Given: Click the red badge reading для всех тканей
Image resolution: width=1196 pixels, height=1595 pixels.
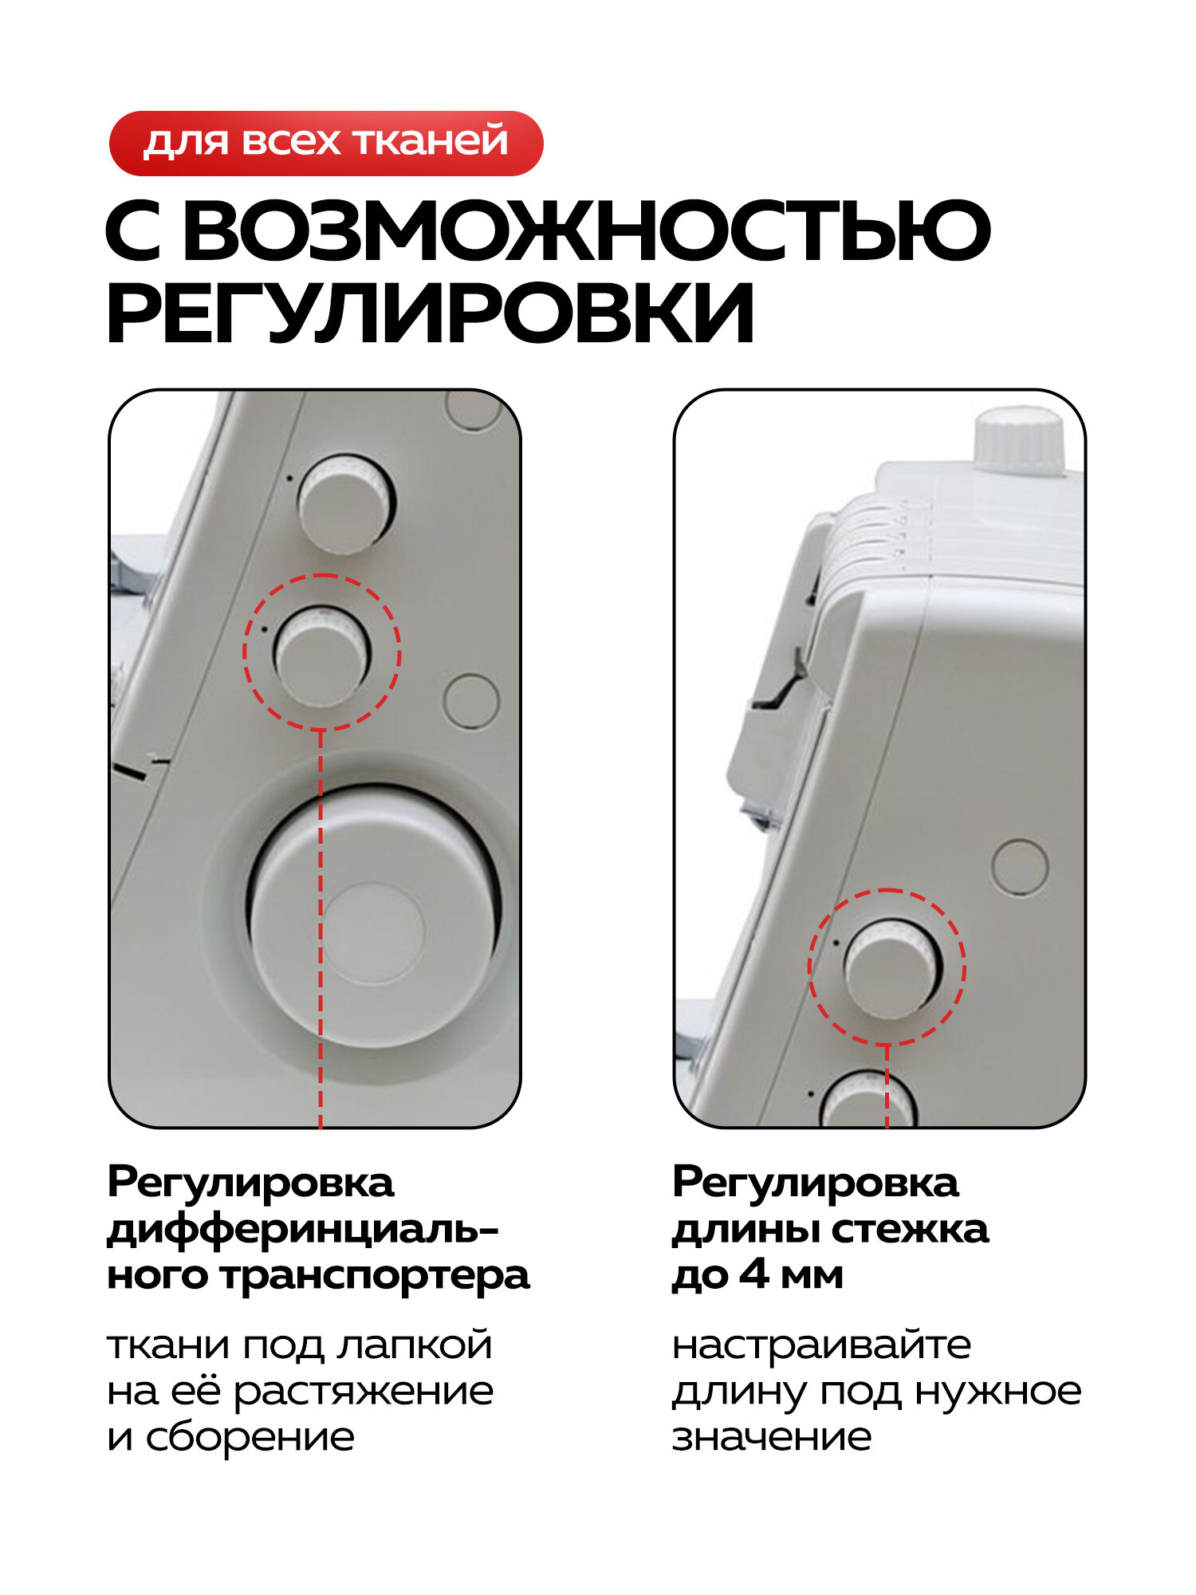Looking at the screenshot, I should coord(325,143).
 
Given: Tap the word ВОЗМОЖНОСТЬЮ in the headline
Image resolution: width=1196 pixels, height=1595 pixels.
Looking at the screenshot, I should coord(586,231).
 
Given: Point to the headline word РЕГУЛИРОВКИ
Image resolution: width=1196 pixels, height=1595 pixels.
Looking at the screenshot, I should coord(431,313).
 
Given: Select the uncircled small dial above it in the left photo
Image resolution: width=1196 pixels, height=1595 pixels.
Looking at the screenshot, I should coord(346,504).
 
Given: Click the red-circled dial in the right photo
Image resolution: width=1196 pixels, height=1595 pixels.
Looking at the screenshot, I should coord(891,969).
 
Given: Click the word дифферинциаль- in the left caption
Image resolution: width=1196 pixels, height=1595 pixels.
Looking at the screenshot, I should coord(303,1229).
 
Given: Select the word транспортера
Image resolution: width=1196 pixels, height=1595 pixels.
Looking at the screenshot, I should coord(375,1275).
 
